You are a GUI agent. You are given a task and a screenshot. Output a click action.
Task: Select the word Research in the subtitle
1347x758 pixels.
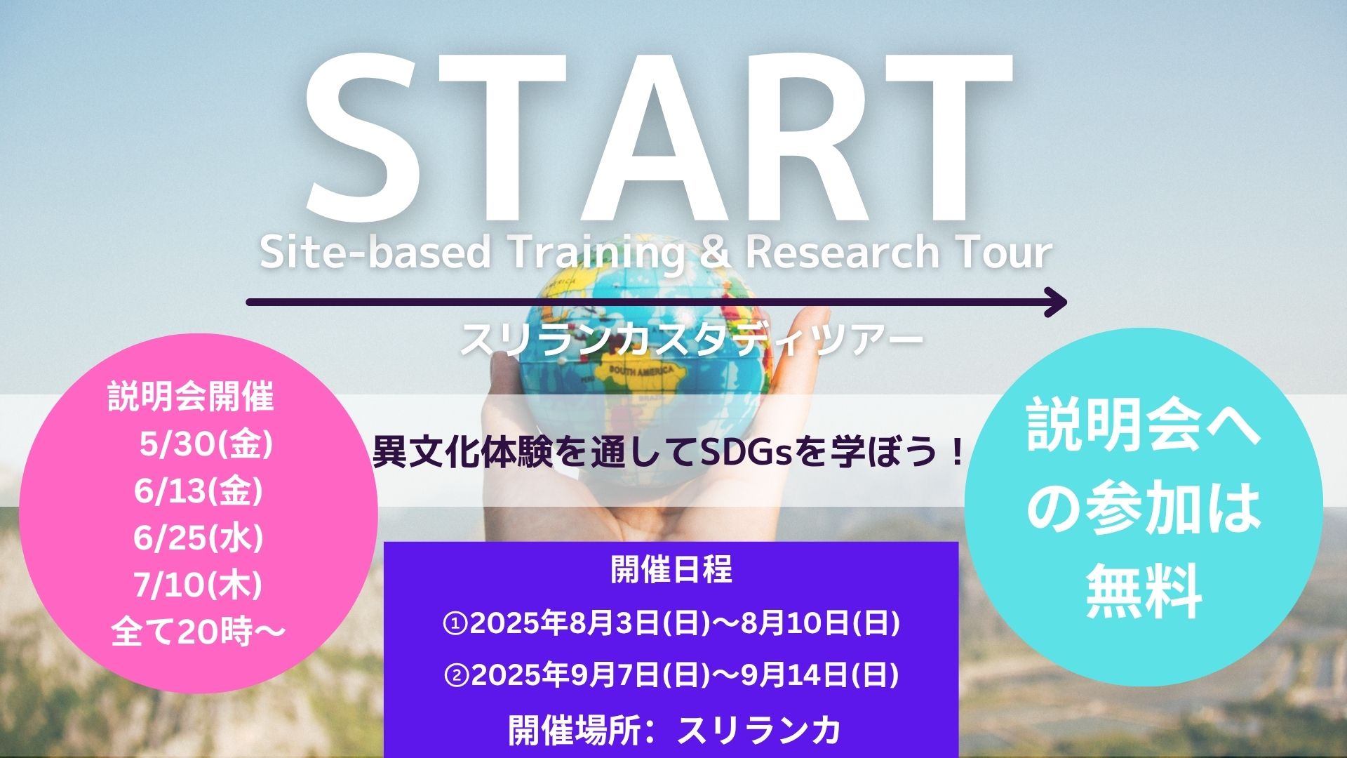[x=840, y=253]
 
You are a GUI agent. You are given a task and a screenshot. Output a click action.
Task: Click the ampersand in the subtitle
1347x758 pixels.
[x=715, y=253]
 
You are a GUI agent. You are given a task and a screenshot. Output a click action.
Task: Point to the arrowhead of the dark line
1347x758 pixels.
[x=1056, y=302]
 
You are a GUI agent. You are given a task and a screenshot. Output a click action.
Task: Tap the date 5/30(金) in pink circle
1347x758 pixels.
[x=206, y=445]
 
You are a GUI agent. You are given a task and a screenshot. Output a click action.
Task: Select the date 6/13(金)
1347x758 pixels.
[x=199, y=491]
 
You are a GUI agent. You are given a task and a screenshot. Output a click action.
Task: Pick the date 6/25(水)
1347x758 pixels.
[x=199, y=538]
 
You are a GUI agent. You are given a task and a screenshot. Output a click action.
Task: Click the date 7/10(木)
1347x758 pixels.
[x=198, y=585]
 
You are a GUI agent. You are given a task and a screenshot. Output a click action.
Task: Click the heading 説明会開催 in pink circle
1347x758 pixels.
[x=191, y=398]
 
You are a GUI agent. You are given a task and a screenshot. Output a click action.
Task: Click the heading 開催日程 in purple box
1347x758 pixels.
[x=671, y=570]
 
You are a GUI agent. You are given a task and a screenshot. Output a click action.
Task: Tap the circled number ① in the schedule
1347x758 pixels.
[x=456, y=623]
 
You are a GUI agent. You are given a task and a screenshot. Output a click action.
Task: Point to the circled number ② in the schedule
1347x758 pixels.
[x=457, y=676]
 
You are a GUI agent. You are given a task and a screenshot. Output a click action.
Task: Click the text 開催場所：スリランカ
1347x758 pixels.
[x=674, y=730]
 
